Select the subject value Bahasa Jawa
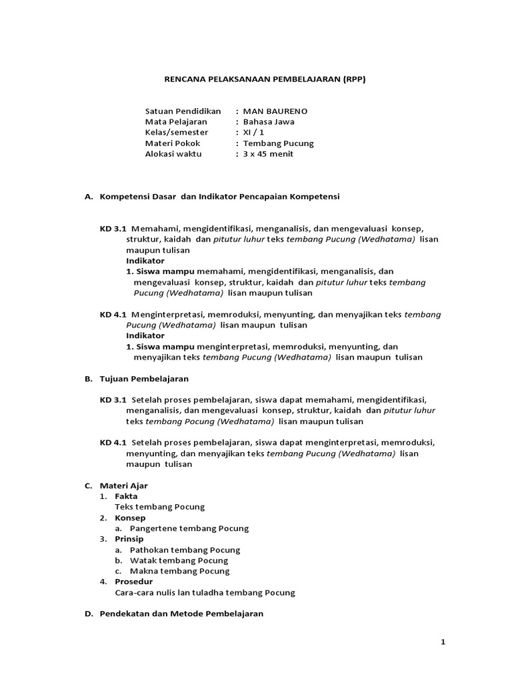(269, 121)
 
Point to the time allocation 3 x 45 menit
(268, 153)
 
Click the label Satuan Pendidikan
(183, 111)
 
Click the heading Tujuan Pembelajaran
(144, 379)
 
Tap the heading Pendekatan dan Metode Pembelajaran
(181, 614)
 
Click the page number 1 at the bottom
(443, 642)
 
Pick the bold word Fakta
(126, 496)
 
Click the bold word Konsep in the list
(130, 518)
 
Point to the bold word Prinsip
(129, 539)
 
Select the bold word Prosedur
(133, 582)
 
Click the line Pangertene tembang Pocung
(189, 528)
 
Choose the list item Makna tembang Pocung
(180, 571)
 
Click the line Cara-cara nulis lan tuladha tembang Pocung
(205, 592)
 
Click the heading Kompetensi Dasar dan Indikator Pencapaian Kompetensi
(219, 197)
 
